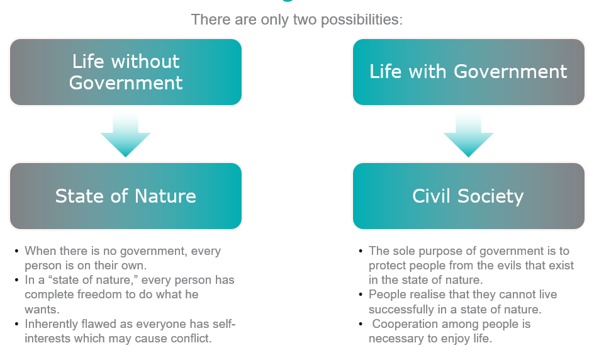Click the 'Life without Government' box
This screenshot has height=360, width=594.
click(x=126, y=72)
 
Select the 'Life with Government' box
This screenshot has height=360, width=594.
click(x=469, y=72)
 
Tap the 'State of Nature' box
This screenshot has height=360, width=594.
click(x=126, y=196)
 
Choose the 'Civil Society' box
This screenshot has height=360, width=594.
click(x=469, y=196)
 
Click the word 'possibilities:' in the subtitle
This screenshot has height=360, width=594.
click(x=362, y=20)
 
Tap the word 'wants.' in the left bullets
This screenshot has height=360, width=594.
click(x=42, y=310)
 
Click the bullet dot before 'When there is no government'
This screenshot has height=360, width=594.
click(x=16, y=251)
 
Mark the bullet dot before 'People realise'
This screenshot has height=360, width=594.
click(x=361, y=295)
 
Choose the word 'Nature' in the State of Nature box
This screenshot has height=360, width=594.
click(x=165, y=196)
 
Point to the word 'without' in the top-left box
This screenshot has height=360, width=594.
click(x=145, y=62)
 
